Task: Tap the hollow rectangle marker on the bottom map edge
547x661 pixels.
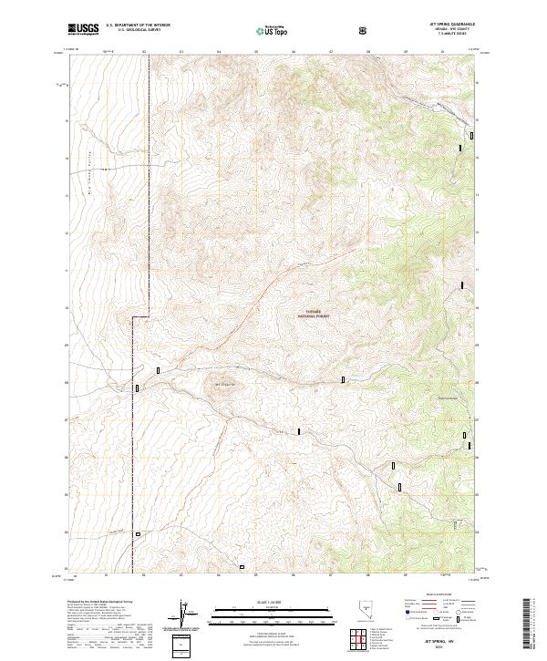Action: point(243,567)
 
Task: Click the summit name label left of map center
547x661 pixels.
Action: point(223,383)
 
